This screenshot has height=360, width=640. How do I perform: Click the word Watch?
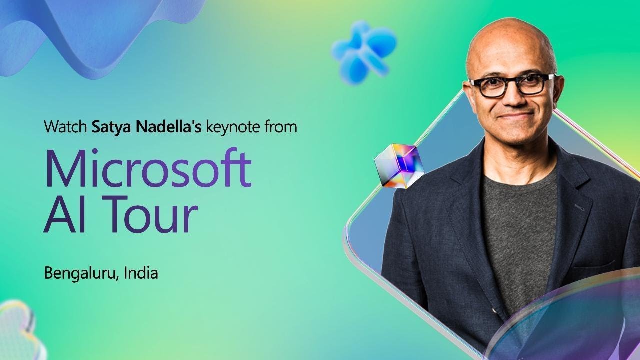[66, 127]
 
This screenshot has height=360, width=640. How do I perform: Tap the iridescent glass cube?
[399, 166]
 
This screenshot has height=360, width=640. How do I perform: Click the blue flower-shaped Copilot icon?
[364, 51]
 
